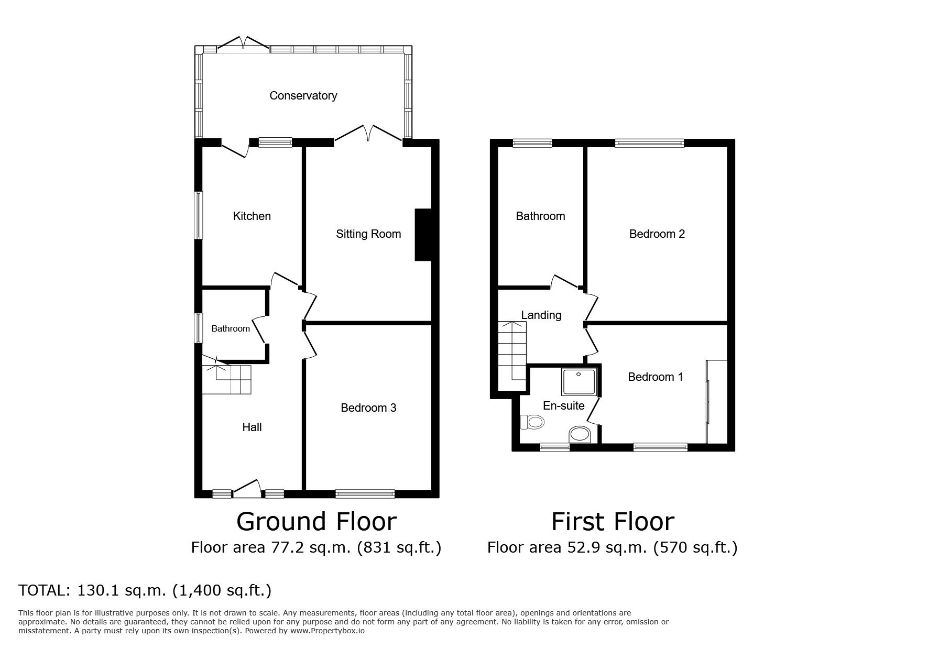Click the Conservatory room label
tap(303, 95)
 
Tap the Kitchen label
tap(252, 216)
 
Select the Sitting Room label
tap(368, 234)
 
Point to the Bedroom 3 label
tap(368, 408)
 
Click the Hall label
tap(252, 427)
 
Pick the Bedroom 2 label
tap(657, 234)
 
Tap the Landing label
tap(541, 315)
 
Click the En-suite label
tap(563, 405)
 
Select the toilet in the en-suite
tap(532, 422)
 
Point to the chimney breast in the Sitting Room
tap(423, 235)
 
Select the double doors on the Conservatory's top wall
tap(244, 44)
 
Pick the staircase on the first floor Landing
tap(511, 350)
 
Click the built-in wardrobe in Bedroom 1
tap(716, 401)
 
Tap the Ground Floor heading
tap(316, 522)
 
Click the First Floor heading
tap(613, 522)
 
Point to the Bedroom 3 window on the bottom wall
tap(365, 493)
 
